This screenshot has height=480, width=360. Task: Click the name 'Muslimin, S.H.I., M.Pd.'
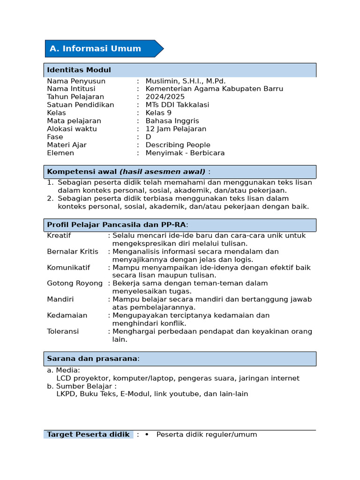[186, 81]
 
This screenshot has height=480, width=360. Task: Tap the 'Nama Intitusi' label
[71, 89]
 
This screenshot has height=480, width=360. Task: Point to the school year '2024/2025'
[165, 97]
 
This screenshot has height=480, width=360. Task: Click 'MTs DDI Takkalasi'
[177, 105]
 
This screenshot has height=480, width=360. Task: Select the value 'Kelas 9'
[158, 113]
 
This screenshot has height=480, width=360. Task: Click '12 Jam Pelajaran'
[176, 129]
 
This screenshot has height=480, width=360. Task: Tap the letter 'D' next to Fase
[148, 137]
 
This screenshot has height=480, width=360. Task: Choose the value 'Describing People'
[178, 145]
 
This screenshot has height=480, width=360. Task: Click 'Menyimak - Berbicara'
[185, 153]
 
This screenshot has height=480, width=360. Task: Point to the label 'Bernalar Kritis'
[73, 252]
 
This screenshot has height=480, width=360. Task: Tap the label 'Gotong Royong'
[75, 284]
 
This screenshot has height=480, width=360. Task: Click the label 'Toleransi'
[63, 331]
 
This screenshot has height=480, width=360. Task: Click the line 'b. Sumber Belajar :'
[82, 386]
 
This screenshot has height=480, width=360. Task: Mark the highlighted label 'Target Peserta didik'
[88, 435]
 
